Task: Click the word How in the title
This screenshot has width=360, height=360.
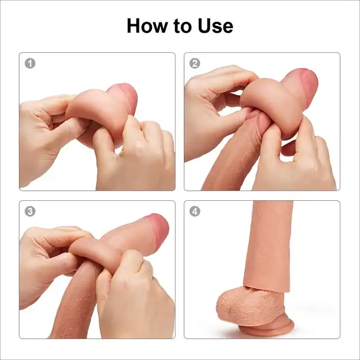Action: (x=147, y=26)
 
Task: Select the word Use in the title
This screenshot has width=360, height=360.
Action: (x=215, y=26)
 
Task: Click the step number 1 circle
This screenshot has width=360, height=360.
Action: (x=30, y=64)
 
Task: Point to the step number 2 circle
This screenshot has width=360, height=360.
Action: (x=195, y=64)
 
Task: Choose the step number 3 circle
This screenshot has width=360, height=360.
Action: (x=30, y=211)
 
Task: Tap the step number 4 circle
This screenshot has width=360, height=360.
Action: (x=195, y=211)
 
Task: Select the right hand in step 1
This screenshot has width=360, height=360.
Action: (x=136, y=156)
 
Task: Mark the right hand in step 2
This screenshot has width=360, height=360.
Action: (x=296, y=161)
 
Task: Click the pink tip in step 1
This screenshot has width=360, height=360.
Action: (x=125, y=96)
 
